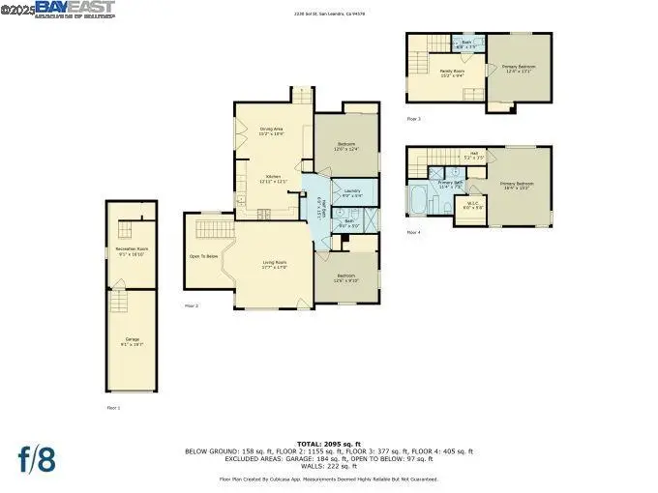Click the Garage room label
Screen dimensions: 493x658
pos(132,341)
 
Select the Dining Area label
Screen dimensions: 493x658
pos(271,130)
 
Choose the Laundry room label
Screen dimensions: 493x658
pos(350,192)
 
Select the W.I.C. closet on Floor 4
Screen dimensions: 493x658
pos(470,208)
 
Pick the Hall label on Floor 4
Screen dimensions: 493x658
pos(474,154)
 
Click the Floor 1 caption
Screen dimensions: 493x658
pos(114,408)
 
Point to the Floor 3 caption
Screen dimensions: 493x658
pos(413,118)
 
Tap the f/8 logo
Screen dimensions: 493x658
pos(37,459)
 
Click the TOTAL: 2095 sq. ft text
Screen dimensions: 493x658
pos(329,443)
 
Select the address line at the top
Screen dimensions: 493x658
pos(329,14)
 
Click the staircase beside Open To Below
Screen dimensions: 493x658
pos(212,229)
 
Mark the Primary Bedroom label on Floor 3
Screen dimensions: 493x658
pos(519,68)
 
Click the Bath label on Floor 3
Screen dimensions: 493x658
pos(465,44)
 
